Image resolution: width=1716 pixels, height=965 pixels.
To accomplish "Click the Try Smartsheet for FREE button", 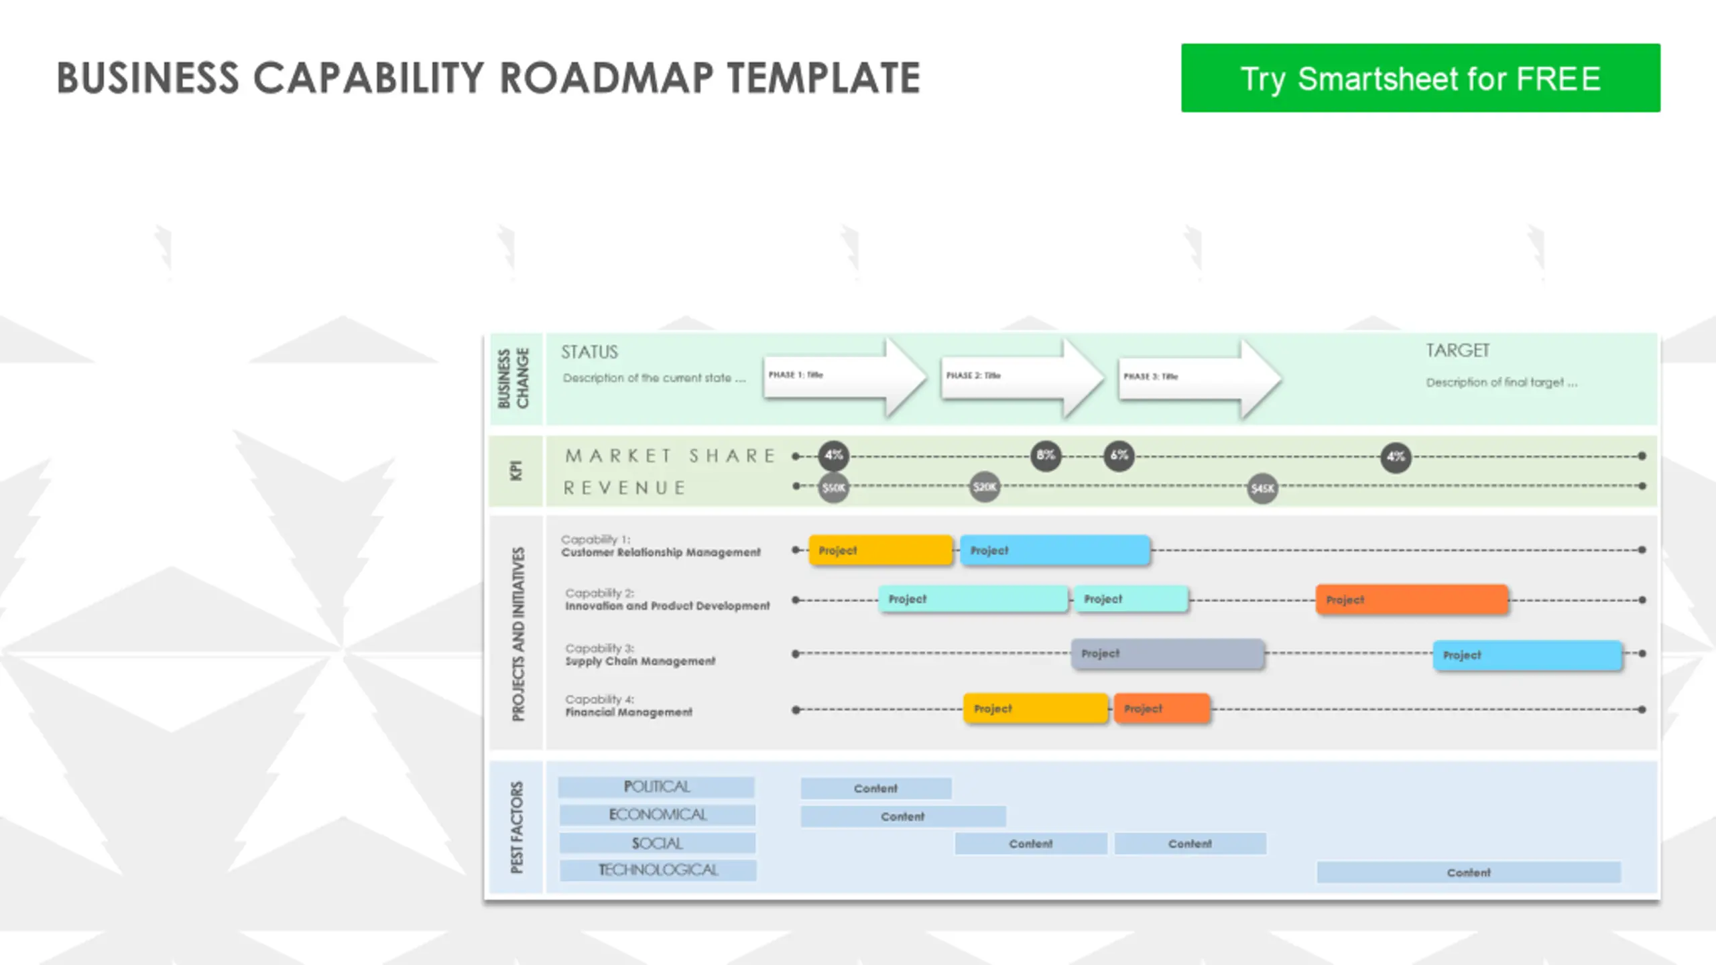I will click(1420, 78).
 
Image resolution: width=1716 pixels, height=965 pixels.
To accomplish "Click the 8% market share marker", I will click(1046, 456).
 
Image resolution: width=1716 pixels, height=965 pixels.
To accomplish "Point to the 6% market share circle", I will click(1119, 456).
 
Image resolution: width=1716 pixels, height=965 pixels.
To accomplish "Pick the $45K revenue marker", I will click(1262, 489).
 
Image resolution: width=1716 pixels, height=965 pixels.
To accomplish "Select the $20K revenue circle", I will click(985, 487).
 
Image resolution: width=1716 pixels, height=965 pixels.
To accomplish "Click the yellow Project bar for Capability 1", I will click(880, 550).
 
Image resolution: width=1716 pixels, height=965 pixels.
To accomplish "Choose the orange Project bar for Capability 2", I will click(1412, 600).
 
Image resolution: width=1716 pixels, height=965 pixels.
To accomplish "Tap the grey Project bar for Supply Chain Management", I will click(1168, 653).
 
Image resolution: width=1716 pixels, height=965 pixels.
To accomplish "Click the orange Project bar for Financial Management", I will click(1162, 708).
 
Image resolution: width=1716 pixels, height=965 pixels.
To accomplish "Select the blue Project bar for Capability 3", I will click(1527, 655).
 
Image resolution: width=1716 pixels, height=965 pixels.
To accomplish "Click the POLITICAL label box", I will click(656, 787).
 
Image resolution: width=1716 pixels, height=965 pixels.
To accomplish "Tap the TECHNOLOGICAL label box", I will click(658, 870).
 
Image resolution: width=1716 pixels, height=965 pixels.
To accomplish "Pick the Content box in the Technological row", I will click(1468, 873).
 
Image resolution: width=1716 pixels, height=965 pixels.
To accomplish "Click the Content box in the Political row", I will click(875, 788).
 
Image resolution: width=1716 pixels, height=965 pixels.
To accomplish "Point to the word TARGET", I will click(1457, 350).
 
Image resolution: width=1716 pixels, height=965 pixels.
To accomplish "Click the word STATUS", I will click(589, 352).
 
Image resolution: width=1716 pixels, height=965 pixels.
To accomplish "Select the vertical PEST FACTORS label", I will click(516, 827).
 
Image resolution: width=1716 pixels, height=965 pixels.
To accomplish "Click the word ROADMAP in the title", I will click(607, 78).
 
